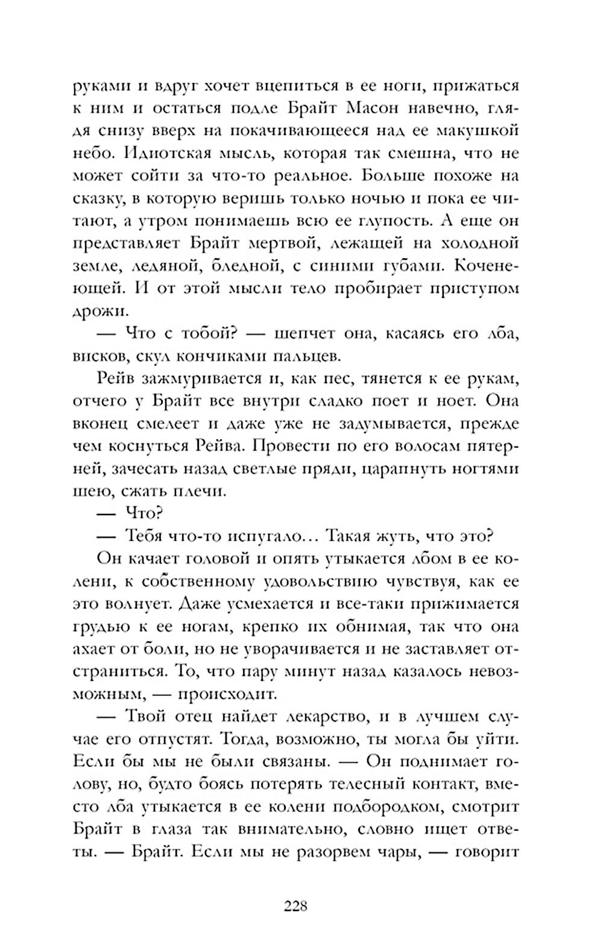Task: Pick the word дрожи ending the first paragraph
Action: pyautogui.click(x=101, y=311)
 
